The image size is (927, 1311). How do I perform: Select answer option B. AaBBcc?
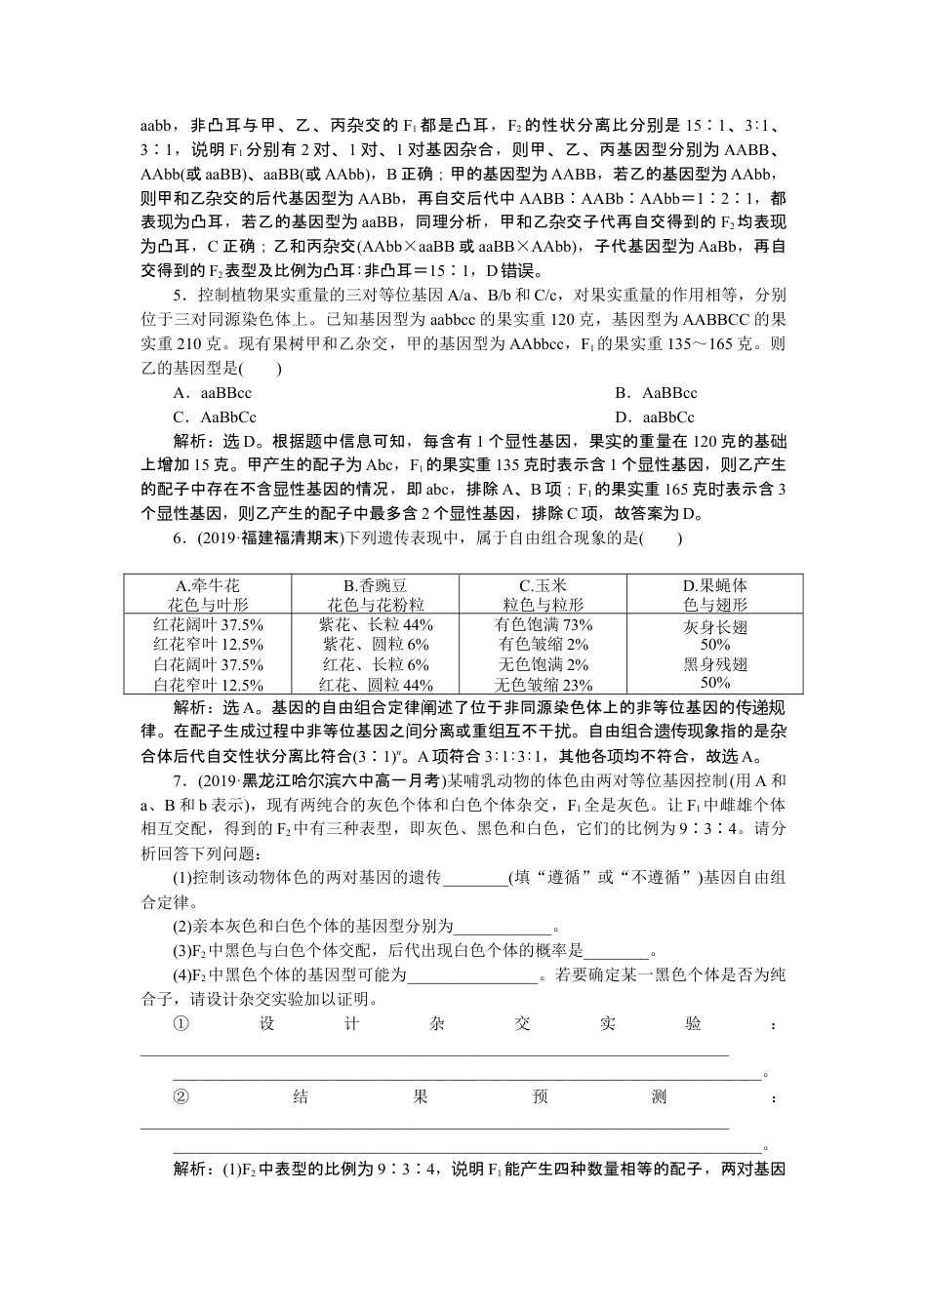[656, 393]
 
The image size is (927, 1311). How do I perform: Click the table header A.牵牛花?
[207, 585]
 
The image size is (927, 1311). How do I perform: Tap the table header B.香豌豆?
[376, 585]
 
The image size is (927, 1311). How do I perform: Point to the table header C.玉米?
[543, 585]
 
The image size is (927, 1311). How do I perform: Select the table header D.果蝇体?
[715, 585]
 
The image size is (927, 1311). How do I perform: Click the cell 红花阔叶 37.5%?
[208, 624]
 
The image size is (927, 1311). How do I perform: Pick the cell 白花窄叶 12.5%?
[208, 685]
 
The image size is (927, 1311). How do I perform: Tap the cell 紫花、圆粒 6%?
[376, 644]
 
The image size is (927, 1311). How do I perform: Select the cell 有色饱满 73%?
[544, 624]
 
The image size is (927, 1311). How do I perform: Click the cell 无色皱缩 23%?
[544, 685]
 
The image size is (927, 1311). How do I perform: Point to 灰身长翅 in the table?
[715, 627]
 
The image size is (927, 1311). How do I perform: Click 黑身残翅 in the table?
[715, 664]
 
